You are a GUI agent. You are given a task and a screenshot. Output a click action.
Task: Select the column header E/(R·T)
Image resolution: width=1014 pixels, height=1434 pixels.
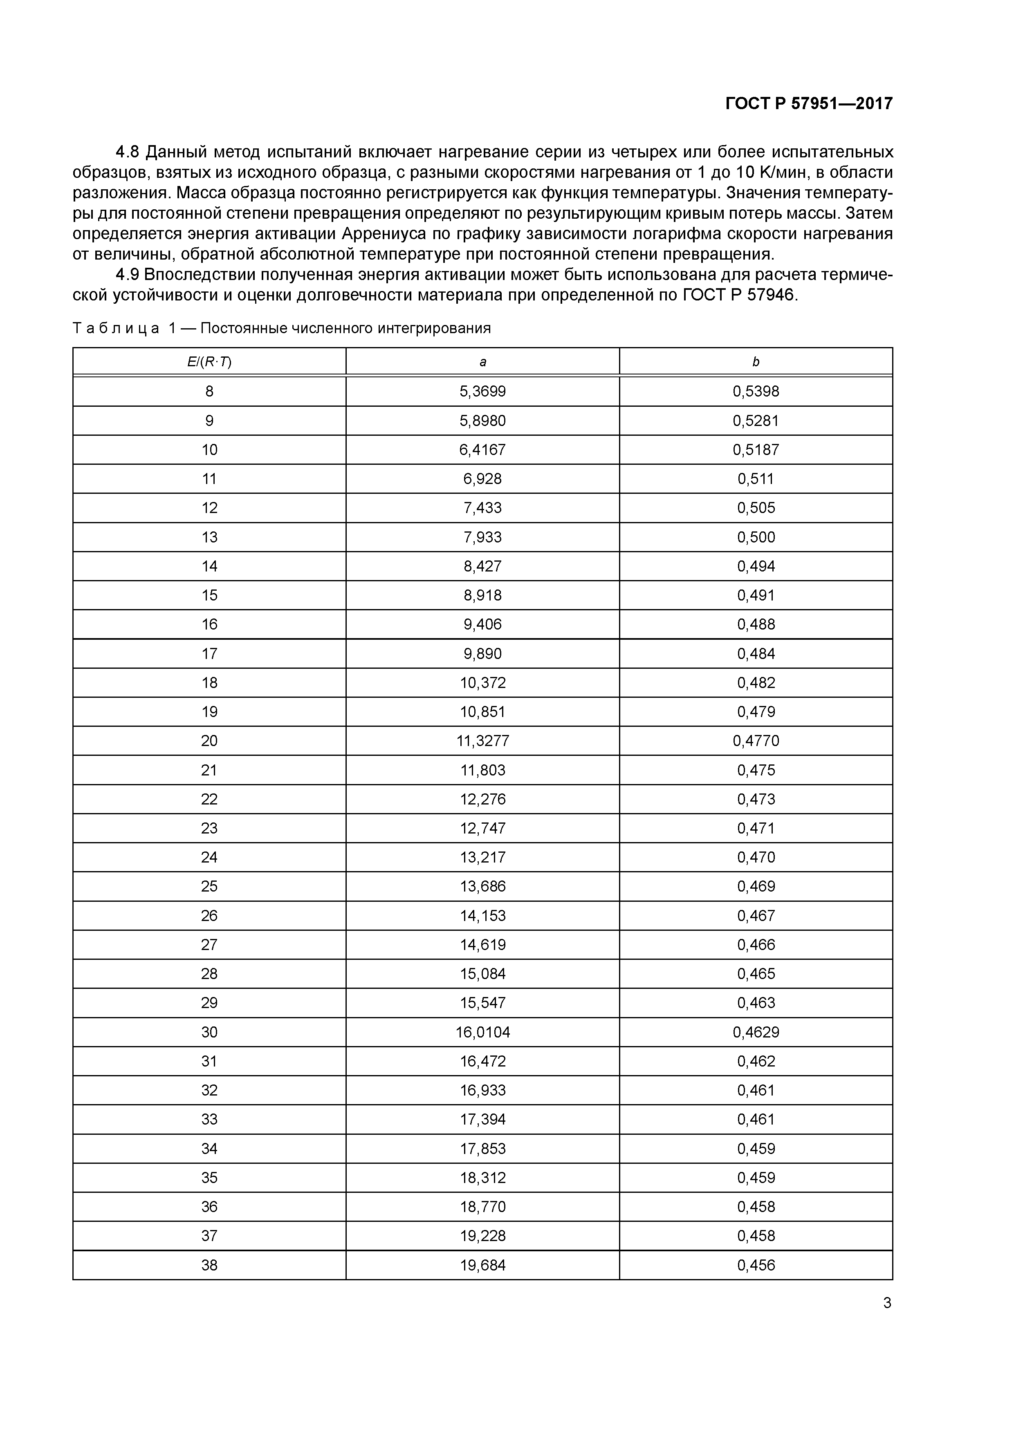209,362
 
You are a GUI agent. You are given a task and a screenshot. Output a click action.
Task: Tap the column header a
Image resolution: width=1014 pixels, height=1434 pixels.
482,362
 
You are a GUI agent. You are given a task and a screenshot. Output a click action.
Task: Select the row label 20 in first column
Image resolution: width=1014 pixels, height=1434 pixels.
209,741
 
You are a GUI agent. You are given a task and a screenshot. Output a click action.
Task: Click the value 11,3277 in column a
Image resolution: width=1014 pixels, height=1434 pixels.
482,741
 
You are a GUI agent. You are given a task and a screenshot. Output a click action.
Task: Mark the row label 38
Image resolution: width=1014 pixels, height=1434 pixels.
209,1265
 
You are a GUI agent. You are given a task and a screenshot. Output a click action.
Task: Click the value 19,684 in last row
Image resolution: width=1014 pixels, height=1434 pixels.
482,1265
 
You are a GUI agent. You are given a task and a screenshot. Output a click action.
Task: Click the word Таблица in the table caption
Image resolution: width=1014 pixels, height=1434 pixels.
116,329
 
